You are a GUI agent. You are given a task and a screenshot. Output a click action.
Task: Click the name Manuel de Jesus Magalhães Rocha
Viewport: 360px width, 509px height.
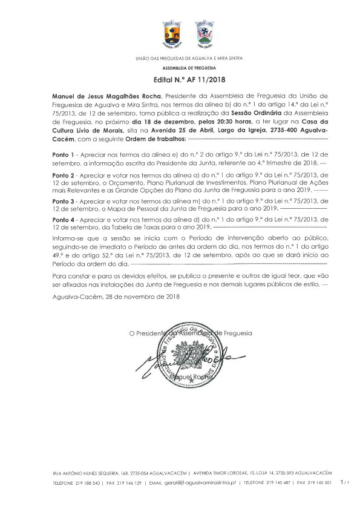click(x=106, y=96)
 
